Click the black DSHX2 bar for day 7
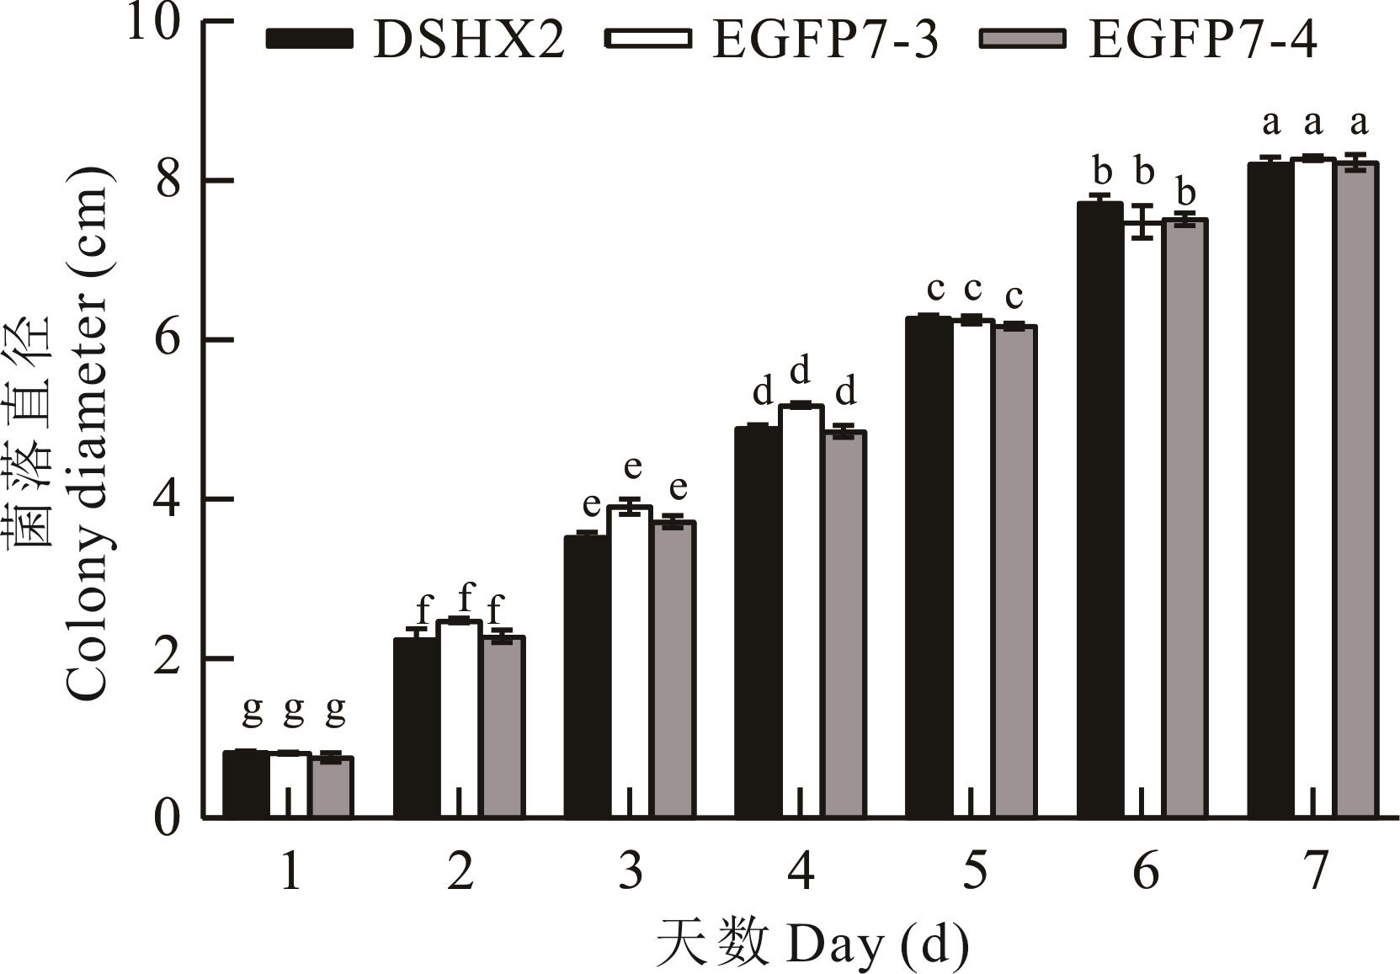(1270, 488)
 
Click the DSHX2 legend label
(469, 40)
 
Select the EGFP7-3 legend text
(825, 40)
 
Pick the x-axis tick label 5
(973, 871)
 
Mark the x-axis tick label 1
(290, 871)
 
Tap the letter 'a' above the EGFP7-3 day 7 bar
(1312, 125)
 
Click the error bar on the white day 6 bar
(1142, 222)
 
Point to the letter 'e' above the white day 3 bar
(632, 466)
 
